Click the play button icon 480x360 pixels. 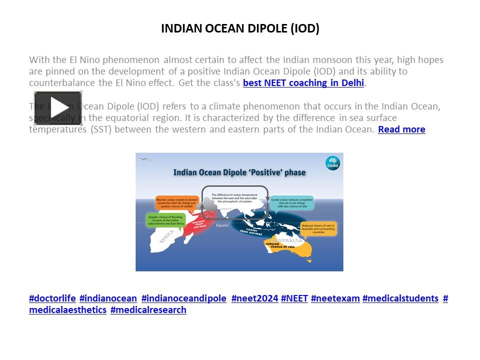click(57, 108)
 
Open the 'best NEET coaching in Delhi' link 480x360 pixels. click(303, 83)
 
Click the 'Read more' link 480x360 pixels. click(401, 129)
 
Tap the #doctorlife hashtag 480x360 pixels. click(52, 298)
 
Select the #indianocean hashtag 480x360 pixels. click(108, 298)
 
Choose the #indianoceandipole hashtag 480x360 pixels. click(184, 298)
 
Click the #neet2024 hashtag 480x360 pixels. click(254, 298)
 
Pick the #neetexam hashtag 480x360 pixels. click(335, 298)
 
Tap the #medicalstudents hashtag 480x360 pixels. click(400, 298)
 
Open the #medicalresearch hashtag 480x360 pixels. click(148, 310)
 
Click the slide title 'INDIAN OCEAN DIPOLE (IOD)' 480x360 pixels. click(240, 28)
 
